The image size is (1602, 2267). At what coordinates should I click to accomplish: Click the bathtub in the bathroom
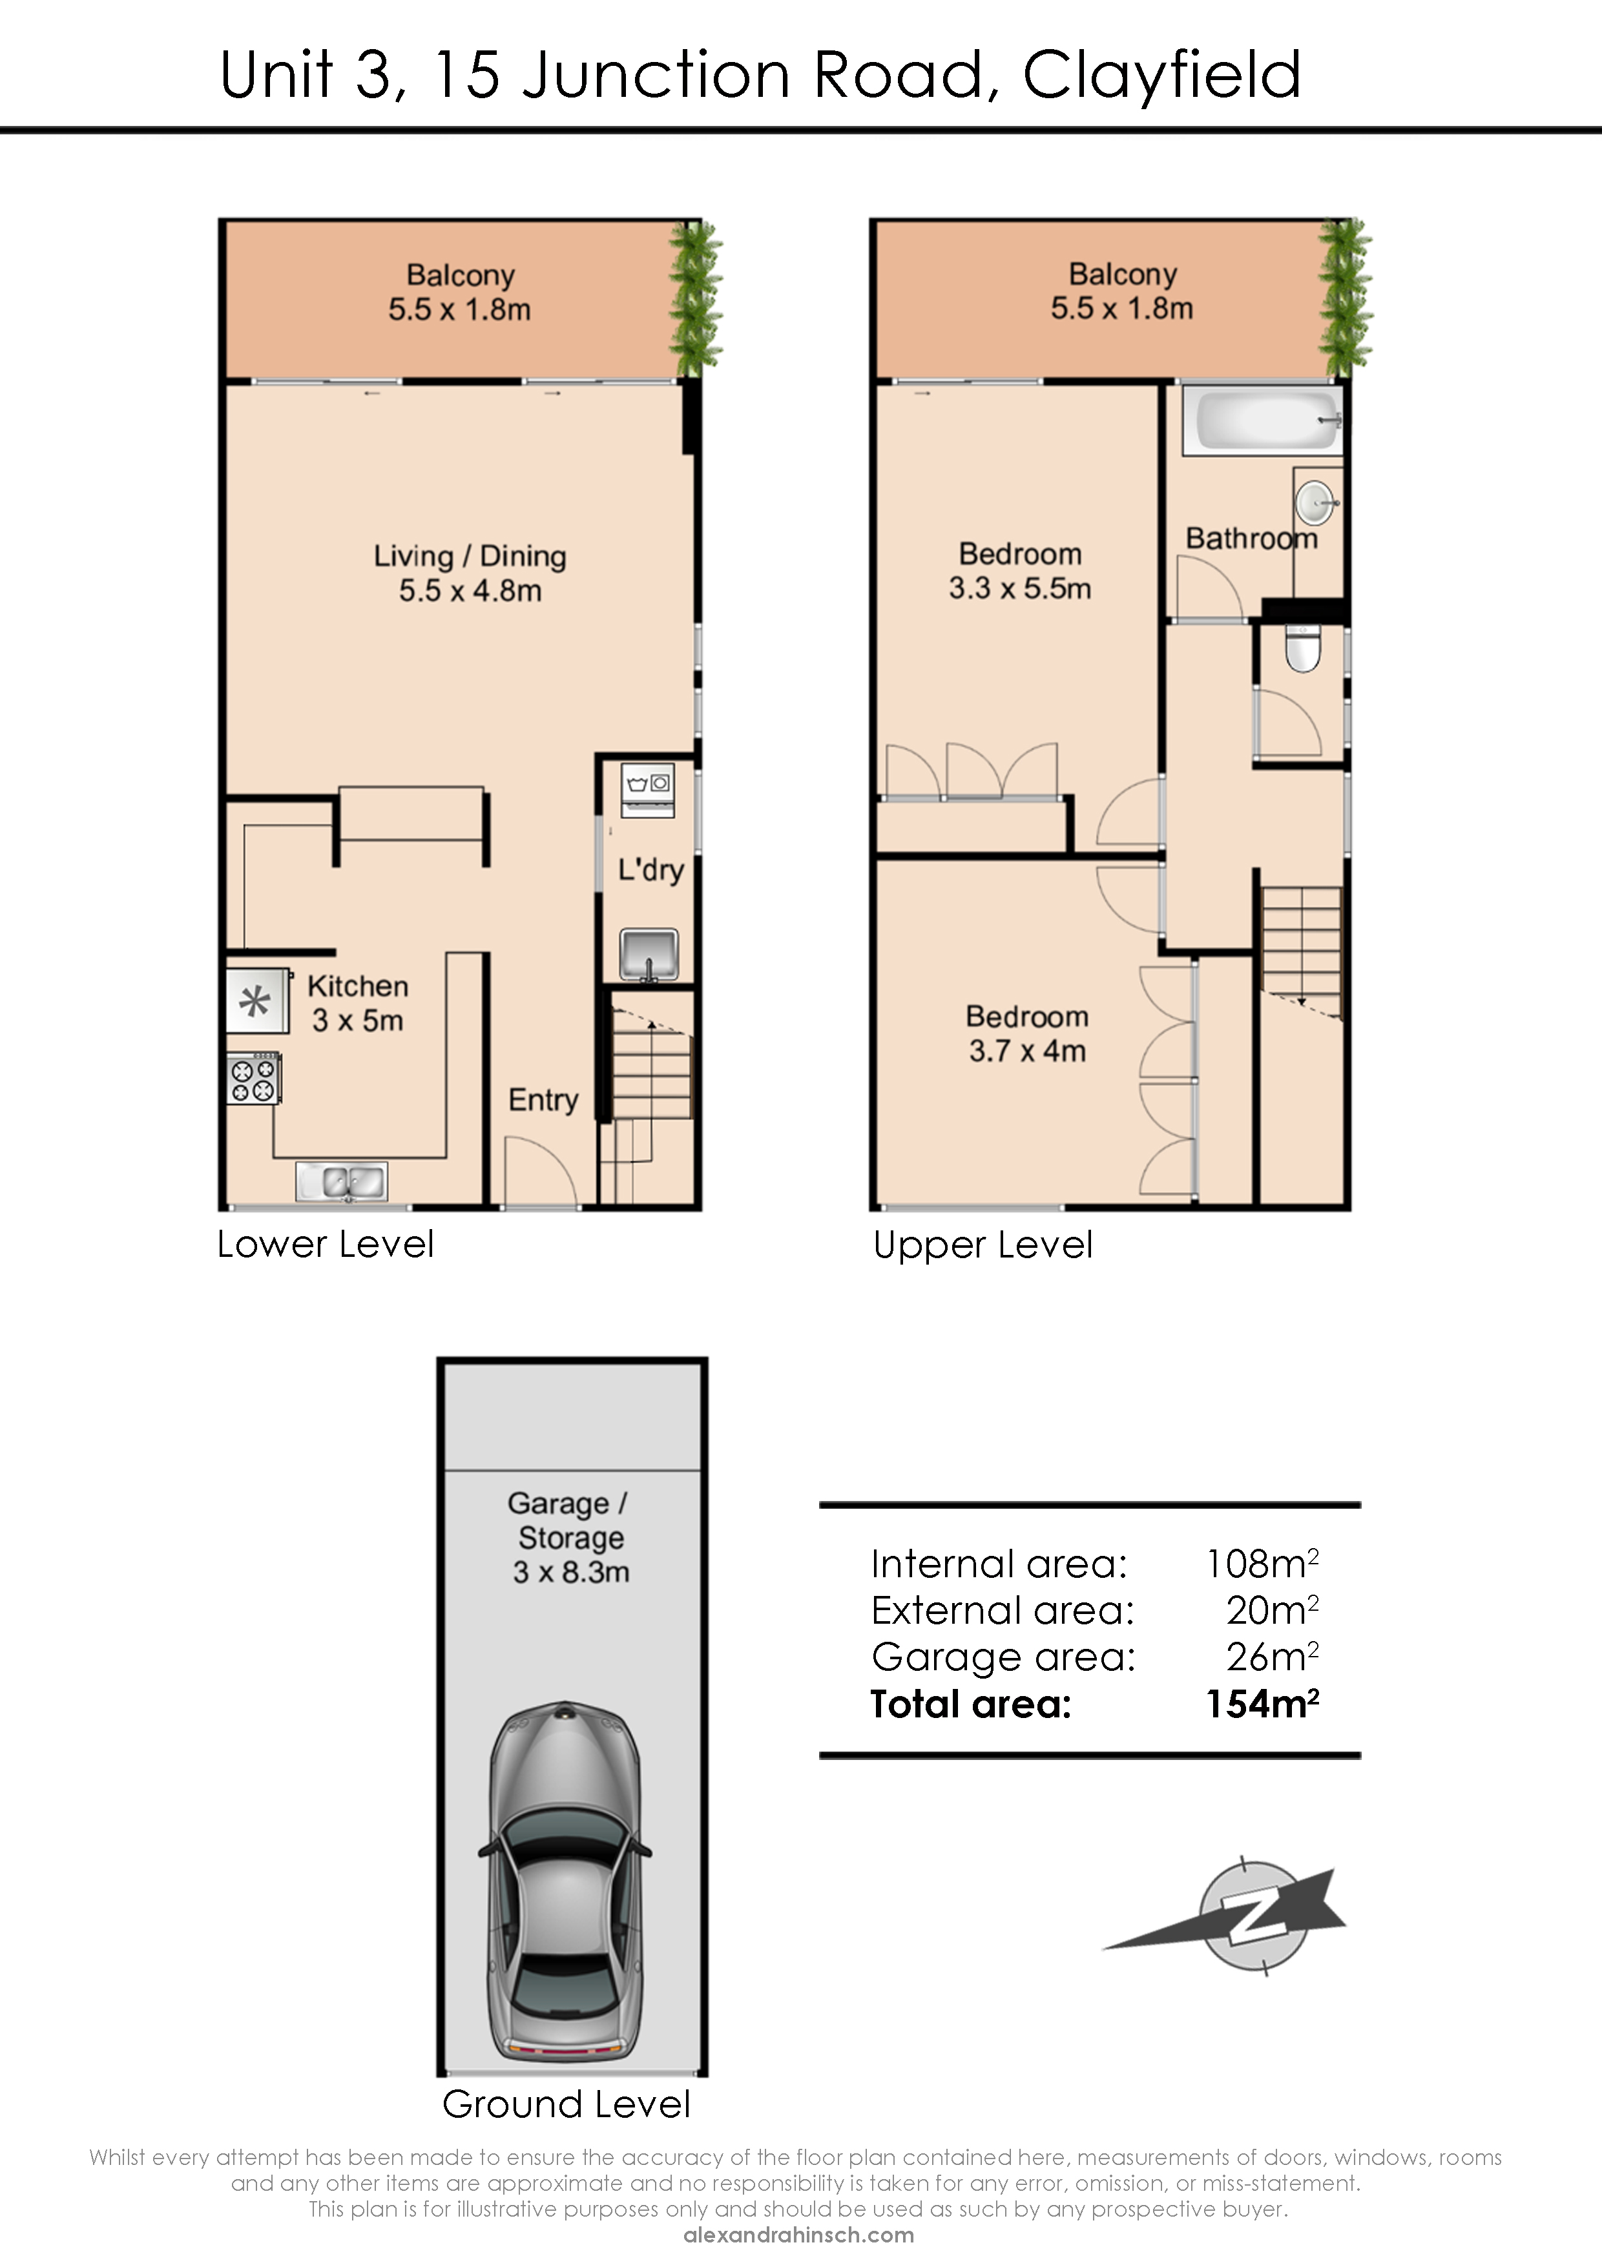tap(1264, 420)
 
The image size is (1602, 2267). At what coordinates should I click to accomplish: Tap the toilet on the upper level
tap(1303, 648)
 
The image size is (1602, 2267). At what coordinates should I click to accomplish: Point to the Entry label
tap(543, 1100)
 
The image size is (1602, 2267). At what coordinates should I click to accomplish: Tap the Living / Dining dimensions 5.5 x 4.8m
tap(470, 590)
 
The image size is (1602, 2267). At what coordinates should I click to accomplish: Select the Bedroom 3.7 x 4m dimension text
tap(1027, 1051)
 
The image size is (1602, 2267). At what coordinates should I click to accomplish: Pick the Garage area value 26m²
tap(1272, 1657)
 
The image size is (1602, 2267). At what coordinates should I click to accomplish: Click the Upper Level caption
tap(983, 1246)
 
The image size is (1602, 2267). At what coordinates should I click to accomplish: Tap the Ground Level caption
tap(566, 2104)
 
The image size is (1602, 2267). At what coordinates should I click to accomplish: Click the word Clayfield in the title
tap(1161, 75)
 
